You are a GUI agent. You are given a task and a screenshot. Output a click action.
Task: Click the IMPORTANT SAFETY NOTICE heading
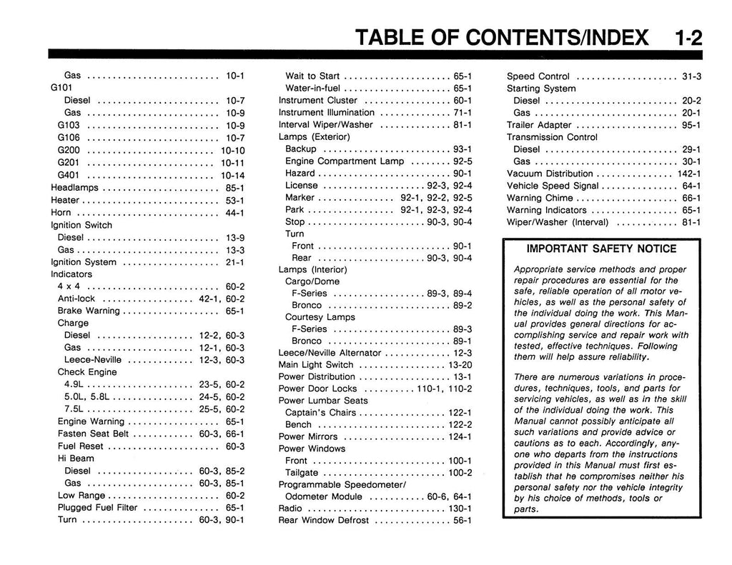pyautogui.click(x=601, y=249)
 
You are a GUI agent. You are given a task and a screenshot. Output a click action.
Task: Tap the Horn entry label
pyautogui.click(x=62, y=212)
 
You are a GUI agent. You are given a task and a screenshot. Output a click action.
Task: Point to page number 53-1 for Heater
pyautogui.click(x=235, y=200)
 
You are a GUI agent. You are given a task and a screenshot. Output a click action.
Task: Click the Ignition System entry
pyautogui.click(x=83, y=262)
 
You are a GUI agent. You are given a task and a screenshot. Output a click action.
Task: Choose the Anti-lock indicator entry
pyautogui.click(x=76, y=299)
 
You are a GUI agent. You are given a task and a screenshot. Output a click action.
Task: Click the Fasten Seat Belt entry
pyautogui.click(x=93, y=434)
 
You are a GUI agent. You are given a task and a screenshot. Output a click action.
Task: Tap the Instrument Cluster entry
pyautogui.click(x=317, y=101)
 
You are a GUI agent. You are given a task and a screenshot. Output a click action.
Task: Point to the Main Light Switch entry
pyautogui.click(x=316, y=364)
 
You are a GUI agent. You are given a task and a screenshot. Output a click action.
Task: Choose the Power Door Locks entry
pyautogui.click(x=317, y=389)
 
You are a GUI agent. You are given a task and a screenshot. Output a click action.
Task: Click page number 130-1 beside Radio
pyautogui.click(x=460, y=508)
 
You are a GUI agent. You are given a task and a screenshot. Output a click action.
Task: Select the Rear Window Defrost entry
pyautogui.click(x=323, y=520)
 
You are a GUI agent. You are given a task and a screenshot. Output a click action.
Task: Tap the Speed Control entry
pyautogui.click(x=538, y=76)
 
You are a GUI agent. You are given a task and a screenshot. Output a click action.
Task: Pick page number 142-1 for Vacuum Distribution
pyautogui.click(x=689, y=174)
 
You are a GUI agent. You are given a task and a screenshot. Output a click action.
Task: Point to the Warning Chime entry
pyautogui.click(x=540, y=198)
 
